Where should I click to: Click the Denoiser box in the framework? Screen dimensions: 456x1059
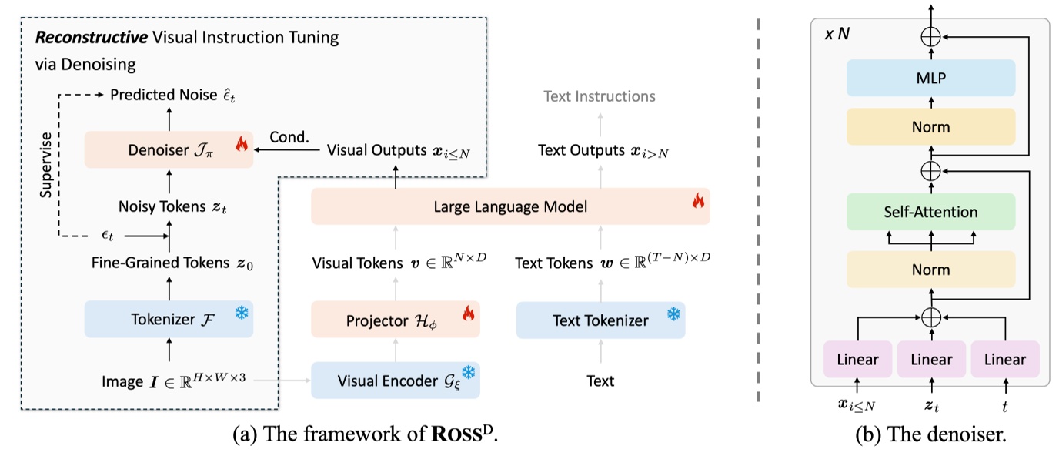tap(168, 149)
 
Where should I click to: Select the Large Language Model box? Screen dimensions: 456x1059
tap(509, 206)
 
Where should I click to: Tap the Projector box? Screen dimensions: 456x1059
tap(395, 320)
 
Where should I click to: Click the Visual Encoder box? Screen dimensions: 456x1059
tap(395, 381)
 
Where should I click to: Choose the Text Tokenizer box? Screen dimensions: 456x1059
tap(600, 320)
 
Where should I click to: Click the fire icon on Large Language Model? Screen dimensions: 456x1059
tap(697, 201)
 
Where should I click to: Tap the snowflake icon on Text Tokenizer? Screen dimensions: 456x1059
tap(673, 315)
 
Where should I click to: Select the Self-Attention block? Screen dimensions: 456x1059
tap(930, 211)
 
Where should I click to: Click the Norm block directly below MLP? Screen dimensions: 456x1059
tap(930, 127)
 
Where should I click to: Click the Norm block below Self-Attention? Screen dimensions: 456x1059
tap(930, 270)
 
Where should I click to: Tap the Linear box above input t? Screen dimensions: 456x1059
tap(1004, 359)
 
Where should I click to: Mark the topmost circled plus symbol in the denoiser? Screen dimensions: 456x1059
tap(931, 35)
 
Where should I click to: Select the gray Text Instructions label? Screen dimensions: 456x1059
tap(600, 96)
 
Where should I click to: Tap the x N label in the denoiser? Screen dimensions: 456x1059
tap(837, 35)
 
